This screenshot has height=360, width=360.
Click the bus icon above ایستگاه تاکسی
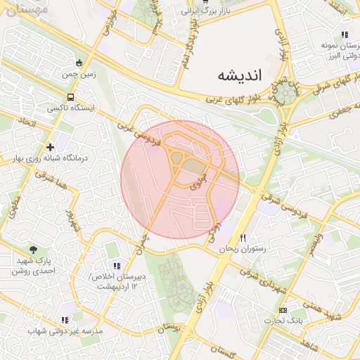(70, 97)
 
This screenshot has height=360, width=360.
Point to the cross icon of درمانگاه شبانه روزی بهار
(49, 147)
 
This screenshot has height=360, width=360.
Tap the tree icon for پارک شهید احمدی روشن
(34, 250)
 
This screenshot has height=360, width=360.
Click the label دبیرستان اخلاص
(117, 276)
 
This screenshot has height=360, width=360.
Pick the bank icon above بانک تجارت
(283, 310)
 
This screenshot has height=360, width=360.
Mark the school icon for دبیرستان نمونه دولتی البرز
(344, 34)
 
